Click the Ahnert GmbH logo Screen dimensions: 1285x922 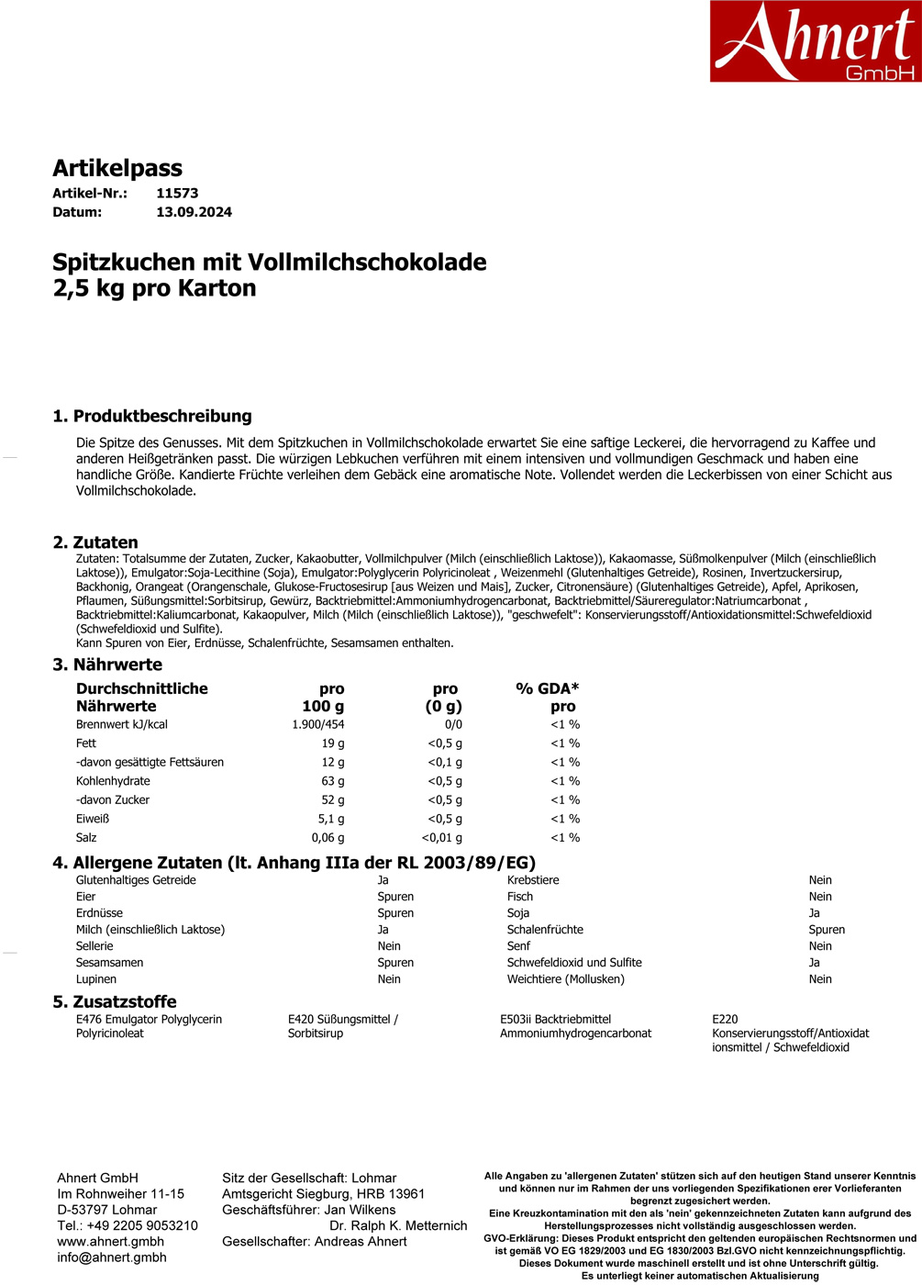(815, 41)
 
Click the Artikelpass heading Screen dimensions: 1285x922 (117, 168)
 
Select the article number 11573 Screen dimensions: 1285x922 (177, 193)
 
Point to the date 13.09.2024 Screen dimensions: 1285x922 (194, 212)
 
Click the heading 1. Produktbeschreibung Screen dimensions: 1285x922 (152, 416)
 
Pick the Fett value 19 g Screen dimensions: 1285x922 (332, 743)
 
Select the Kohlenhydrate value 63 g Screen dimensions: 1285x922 (332, 781)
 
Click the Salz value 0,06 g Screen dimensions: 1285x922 (328, 837)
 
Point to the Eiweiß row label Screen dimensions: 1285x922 (93, 819)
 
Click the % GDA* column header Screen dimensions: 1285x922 (548, 688)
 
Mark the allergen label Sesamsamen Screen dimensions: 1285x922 (109, 963)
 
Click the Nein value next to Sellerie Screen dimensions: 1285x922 (389, 946)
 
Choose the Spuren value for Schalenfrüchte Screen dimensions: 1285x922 (827, 930)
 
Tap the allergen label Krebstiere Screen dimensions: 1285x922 (533, 880)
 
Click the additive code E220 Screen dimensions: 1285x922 (725, 1019)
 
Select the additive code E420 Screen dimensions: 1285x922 (302, 1019)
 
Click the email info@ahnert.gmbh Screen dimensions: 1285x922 (111, 1257)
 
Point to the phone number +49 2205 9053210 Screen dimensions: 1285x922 (141, 1225)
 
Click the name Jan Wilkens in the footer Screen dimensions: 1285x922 (360, 1210)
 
